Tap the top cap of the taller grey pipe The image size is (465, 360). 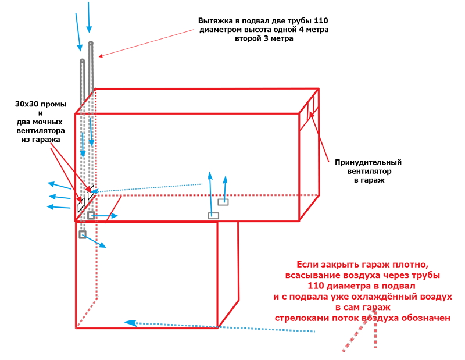[91, 44]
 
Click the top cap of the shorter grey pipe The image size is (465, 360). [83, 61]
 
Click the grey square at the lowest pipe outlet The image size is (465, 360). [83, 234]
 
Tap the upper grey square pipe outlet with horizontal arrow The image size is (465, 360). [91, 216]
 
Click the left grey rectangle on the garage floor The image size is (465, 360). [214, 216]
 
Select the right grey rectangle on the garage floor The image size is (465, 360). [223, 202]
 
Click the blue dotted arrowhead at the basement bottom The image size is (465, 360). [130, 323]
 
